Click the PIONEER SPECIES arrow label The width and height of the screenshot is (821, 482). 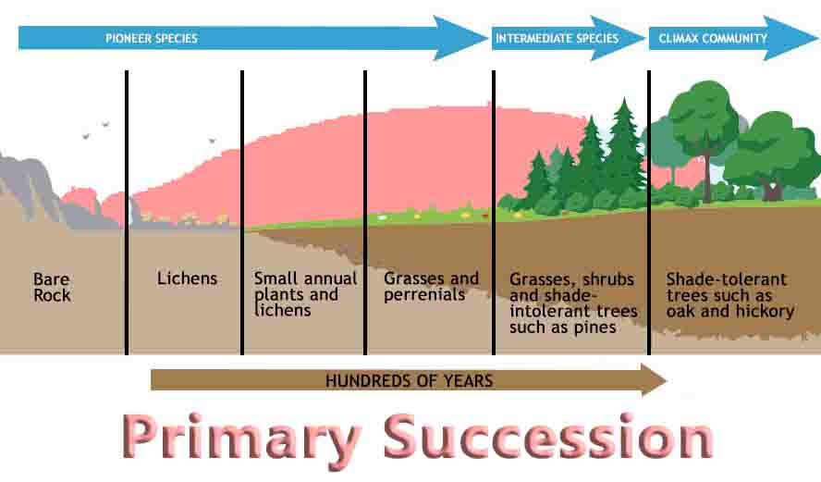click(152, 38)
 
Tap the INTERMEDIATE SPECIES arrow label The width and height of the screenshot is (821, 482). click(558, 38)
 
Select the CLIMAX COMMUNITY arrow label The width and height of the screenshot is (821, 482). click(713, 38)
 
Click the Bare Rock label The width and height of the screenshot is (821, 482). click(52, 287)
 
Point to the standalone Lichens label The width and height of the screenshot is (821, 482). click(187, 278)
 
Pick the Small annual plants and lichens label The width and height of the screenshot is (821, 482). click(305, 294)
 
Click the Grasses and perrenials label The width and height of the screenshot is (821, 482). click(431, 286)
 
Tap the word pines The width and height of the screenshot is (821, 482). click(594, 328)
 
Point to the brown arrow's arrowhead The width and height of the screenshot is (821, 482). click(654, 380)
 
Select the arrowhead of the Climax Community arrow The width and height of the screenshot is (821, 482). click(790, 38)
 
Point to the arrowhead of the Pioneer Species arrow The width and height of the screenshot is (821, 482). click(460, 38)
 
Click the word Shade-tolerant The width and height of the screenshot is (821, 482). click(726, 278)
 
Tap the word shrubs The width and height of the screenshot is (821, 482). click(608, 278)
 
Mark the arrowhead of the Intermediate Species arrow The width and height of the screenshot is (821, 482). click(618, 38)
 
